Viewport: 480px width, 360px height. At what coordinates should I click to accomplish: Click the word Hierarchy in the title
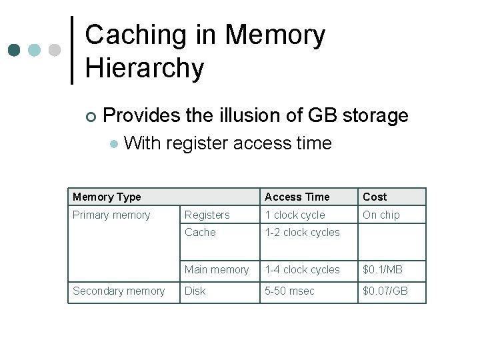point(145,69)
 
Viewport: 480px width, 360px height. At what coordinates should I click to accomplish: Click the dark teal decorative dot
point(14,51)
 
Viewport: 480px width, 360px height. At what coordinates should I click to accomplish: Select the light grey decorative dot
point(55,51)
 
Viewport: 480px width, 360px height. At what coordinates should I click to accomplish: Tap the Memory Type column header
point(107,197)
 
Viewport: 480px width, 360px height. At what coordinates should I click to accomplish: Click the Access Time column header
point(297,197)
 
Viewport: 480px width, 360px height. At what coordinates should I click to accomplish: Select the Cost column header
point(375,197)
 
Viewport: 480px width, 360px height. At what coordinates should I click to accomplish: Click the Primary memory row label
point(111,215)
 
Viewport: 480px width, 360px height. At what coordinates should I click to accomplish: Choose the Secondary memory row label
point(119,291)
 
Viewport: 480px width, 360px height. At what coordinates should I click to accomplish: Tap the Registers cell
point(207,215)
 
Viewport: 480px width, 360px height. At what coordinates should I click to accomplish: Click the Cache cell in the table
point(200,232)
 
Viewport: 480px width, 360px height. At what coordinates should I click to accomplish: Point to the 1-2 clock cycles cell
point(302,232)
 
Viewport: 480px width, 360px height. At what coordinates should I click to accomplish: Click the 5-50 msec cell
point(290,291)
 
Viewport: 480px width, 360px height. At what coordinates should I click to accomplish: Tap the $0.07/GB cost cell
point(385,291)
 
